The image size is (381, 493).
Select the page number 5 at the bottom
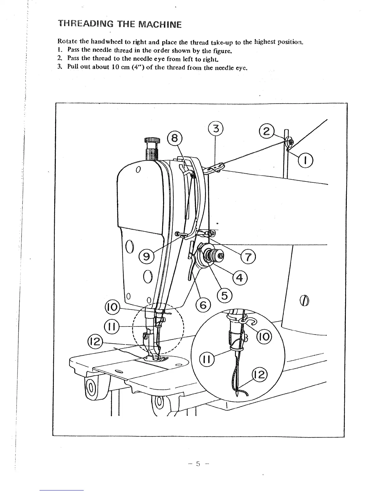[198, 464]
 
